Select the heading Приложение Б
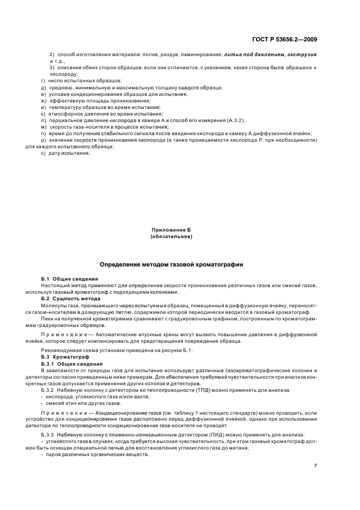(171, 231)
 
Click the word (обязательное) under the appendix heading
(171, 237)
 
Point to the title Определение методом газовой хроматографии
(171, 264)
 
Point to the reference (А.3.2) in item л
(234, 120)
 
